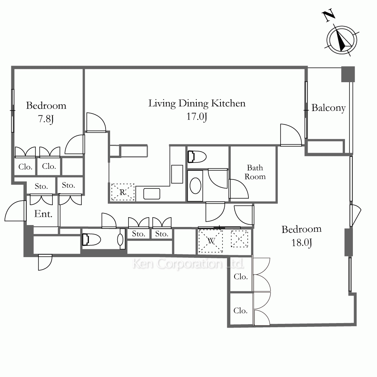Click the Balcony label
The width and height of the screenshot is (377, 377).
pyautogui.click(x=328, y=108)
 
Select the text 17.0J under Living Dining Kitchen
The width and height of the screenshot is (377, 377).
pyautogui.click(x=197, y=117)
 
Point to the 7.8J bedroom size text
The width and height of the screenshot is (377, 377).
pyautogui.click(x=46, y=119)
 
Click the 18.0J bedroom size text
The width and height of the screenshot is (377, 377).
pyautogui.click(x=302, y=242)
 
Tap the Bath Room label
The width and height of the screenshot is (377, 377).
pyautogui.click(x=255, y=172)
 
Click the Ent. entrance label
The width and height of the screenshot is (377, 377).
pyautogui.click(x=43, y=214)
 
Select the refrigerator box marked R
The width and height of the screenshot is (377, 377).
pyautogui.click(x=123, y=192)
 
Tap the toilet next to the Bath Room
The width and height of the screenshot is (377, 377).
pyautogui.click(x=197, y=157)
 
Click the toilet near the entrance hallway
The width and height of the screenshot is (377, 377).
pyautogui.click(x=91, y=240)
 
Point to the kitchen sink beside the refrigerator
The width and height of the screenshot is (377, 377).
pyautogui.click(x=152, y=194)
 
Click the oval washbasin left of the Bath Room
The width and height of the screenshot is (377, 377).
pyautogui.click(x=195, y=185)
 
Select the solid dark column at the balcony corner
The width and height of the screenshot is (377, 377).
pyautogui.click(x=348, y=74)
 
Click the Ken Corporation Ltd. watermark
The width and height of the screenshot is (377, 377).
pyautogui.click(x=188, y=264)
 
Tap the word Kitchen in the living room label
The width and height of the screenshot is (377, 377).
pyautogui.click(x=228, y=103)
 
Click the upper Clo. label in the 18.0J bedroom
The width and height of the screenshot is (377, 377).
pyautogui.click(x=241, y=277)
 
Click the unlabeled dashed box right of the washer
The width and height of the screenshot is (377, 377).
pyautogui.click(x=239, y=239)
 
